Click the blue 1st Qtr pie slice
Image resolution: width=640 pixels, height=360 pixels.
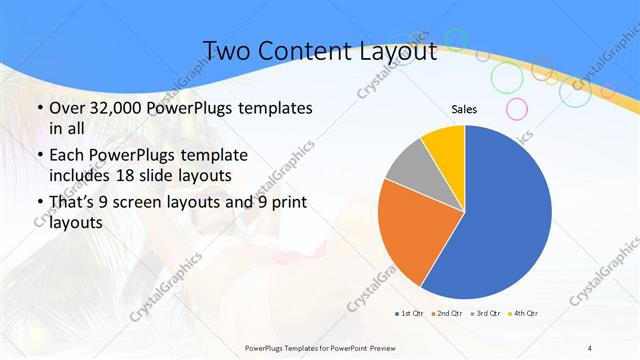coord(505,215)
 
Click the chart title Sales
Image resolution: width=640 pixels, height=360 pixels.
coord(464,108)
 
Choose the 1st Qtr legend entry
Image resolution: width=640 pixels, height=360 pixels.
coord(410,314)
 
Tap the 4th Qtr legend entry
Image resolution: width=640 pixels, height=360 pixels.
coord(523,314)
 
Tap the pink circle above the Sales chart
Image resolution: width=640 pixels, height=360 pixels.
coord(516,108)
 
